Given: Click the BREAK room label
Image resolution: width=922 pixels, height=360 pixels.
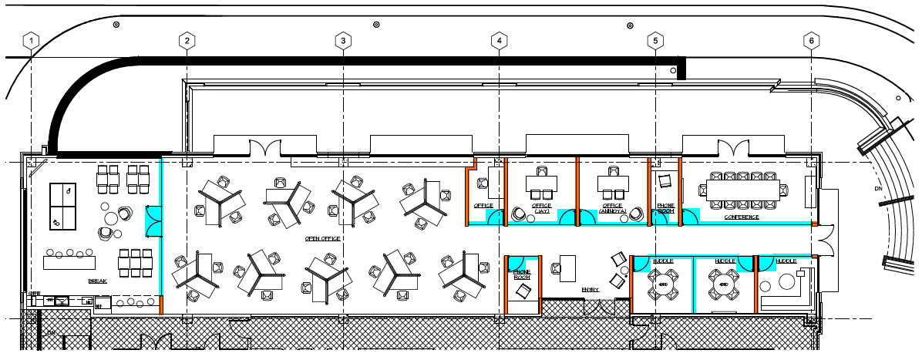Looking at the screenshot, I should [97, 281].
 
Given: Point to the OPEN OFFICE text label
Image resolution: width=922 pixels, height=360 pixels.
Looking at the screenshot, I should [323, 238].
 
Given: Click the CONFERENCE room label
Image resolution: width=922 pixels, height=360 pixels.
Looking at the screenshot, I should [741, 217].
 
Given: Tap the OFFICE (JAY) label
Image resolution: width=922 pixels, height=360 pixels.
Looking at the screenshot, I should [542, 207].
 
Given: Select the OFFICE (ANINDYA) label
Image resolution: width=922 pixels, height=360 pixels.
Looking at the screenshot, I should [616, 208].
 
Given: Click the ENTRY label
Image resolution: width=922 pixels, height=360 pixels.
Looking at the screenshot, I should [591, 289].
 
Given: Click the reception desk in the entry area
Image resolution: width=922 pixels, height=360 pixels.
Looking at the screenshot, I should [569, 267].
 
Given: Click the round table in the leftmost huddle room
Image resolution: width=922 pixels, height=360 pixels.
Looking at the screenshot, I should [662, 284].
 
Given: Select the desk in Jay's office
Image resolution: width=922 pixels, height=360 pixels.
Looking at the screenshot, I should [541, 183].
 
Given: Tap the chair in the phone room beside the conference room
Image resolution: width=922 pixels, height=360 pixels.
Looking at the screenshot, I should [665, 181].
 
